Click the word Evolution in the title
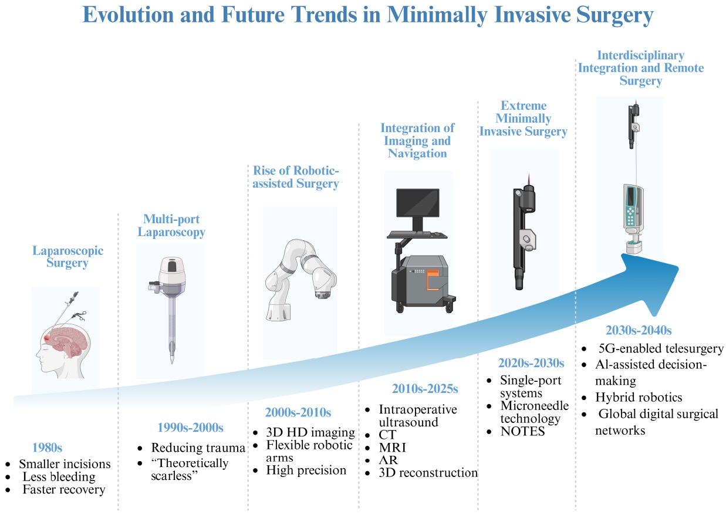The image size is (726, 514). click(x=128, y=15)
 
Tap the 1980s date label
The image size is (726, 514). click(x=47, y=448)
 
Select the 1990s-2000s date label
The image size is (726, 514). click(x=191, y=428)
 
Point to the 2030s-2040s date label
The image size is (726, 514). click(x=639, y=330)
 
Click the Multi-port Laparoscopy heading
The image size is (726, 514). click(x=171, y=226)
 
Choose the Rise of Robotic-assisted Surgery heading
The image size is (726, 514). click(x=296, y=177)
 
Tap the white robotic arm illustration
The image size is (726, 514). click(x=300, y=279)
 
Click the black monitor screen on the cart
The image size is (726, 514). click(x=418, y=203)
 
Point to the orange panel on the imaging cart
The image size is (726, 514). click(x=433, y=280)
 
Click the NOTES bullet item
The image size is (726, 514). click(x=522, y=432)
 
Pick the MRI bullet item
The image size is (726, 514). click(x=392, y=448)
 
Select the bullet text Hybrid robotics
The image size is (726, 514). click(x=639, y=398)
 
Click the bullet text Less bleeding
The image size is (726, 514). click(x=59, y=477)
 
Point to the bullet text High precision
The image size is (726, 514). click(x=306, y=470)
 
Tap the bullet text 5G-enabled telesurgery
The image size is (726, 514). click(x=661, y=348)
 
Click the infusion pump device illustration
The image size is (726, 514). click(x=633, y=218)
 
